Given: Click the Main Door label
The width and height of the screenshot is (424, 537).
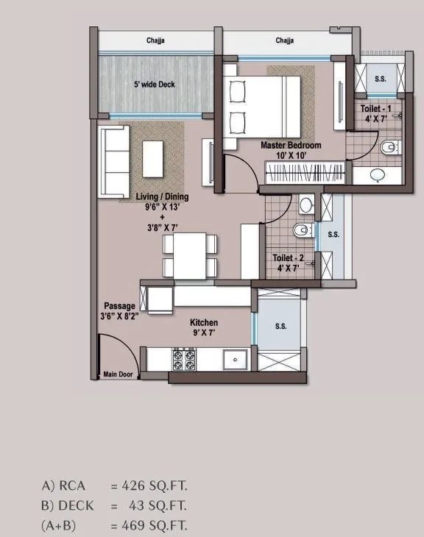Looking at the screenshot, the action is click(x=118, y=374).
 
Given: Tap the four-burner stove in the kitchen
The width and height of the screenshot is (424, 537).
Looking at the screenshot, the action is click(x=184, y=360).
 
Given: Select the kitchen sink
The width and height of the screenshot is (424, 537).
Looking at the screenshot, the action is click(x=235, y=360).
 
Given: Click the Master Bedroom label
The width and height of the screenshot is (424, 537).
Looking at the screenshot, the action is click(x=291, y=145).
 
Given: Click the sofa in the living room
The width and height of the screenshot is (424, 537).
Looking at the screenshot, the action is click(x=114, y=161).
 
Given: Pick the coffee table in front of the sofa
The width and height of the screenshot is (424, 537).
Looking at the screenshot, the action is click(x=152, y=159).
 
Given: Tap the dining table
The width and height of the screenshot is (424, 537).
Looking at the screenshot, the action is click(x=190, y=256).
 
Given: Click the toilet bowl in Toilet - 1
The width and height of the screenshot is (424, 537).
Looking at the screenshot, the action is click(x=390, y=148).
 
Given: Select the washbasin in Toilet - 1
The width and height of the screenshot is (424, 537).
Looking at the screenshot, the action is click(x=378, y=174).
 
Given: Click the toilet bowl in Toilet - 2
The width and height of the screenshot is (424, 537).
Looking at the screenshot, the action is click(x=303, y=230).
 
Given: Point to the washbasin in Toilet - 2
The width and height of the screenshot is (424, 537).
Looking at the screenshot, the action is click(x=306, y=205).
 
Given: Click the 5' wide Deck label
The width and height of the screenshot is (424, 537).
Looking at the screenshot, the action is click(x=155, y=85).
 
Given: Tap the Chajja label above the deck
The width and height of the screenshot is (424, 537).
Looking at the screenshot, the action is click(x=155, y=40).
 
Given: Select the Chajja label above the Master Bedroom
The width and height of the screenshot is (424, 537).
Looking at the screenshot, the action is click(x=284, y=40).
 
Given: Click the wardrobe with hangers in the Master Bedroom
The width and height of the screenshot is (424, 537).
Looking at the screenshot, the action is click(x=305, y=173).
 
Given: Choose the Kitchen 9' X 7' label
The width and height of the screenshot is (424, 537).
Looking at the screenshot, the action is click(x=204, y=327).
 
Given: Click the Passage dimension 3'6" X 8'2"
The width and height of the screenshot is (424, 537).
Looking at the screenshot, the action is click(x=119, y=316).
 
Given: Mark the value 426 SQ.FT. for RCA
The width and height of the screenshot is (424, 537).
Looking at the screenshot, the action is click(x=155, y=486).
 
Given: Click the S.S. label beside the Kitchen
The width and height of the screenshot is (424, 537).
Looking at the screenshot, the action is click(x=281, y=327).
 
